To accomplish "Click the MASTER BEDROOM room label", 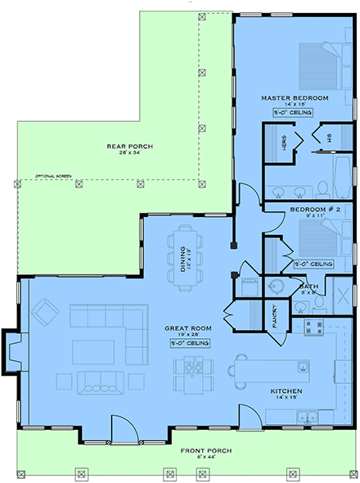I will point(295,98).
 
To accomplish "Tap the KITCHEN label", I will point(287,391).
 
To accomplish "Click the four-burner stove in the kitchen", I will point(313,327).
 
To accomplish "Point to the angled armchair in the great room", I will point(45,312).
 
